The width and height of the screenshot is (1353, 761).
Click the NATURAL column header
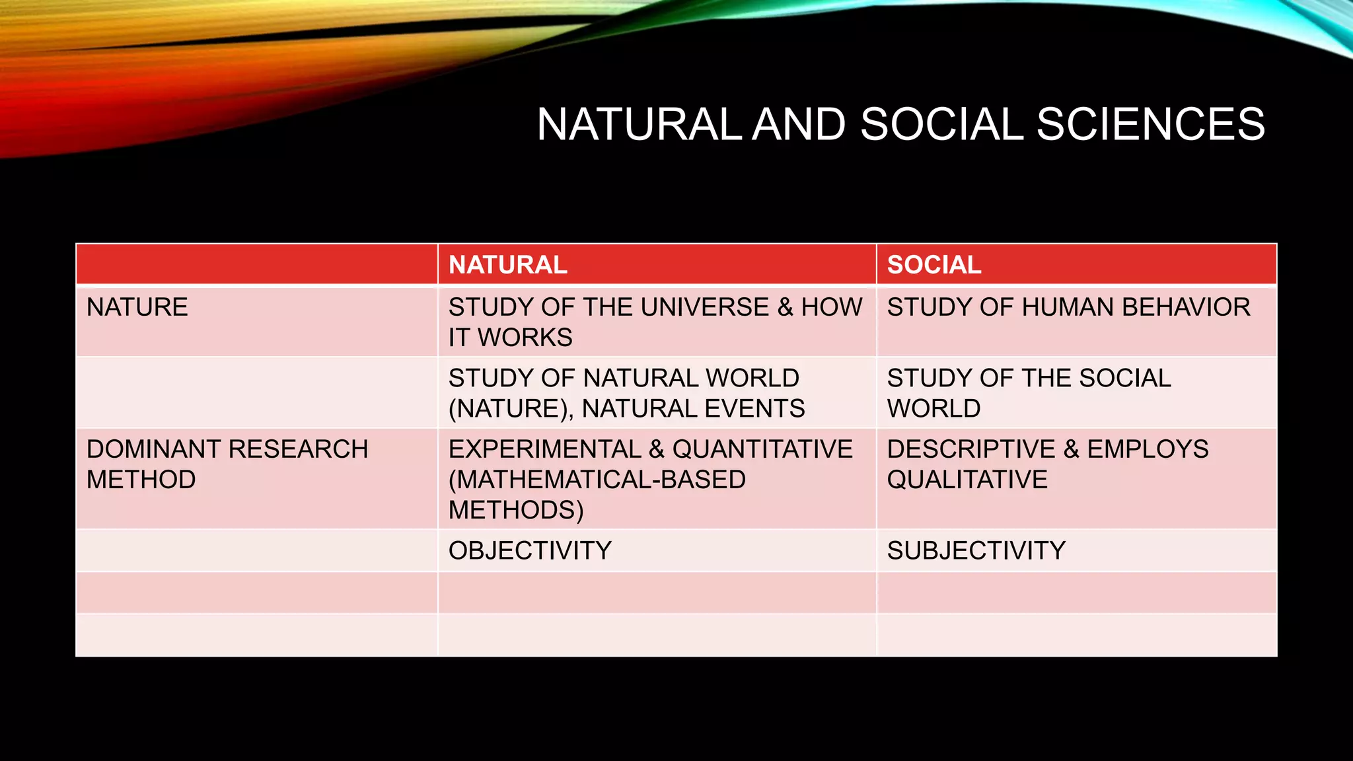(x=507, y=265)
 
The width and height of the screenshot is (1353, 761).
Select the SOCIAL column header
(x=933, y=265)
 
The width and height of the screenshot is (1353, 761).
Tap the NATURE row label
(x=137, y=308)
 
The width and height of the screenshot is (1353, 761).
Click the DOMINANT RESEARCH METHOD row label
(x=227, y=464)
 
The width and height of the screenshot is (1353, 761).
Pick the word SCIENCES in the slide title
(x=1150, y=124)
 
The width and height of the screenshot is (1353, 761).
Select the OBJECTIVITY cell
(x=530, y=551)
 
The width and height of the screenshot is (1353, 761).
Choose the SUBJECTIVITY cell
(x=976, y=551)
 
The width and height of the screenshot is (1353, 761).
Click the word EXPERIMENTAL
(x=544, y=449)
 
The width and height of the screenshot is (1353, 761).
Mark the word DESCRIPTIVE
(x=970, y=449)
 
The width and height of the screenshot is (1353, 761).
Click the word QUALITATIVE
(x=967, y=480)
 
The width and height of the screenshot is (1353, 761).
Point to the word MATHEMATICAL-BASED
(x=597, y=480)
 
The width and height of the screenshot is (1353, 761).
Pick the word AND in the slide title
(x=799, y=124)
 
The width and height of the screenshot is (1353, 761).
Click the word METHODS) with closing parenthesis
(x=516, y=511)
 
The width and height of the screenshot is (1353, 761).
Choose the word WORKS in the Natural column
(x=525, y=338)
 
